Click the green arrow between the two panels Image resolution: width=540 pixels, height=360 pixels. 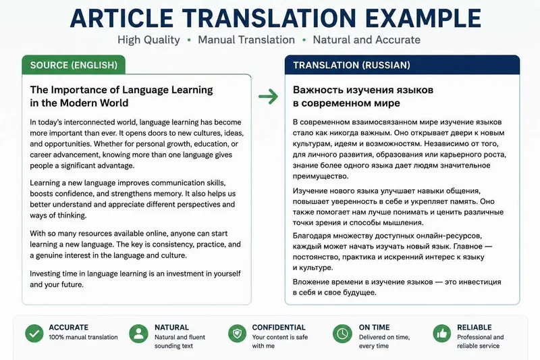268,97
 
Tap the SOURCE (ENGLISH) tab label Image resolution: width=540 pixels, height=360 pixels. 74,65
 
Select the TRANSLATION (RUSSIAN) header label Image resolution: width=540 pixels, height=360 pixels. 352,65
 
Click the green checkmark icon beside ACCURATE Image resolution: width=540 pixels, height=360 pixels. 34,333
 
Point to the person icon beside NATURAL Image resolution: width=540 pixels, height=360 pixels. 138,333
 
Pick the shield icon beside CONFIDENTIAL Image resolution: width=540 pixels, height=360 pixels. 238,333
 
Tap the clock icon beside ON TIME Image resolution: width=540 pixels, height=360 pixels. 342,333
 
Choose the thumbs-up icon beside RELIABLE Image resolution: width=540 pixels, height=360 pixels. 442,333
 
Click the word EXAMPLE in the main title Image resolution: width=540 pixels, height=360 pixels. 423,18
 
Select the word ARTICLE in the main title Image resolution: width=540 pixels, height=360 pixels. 122,18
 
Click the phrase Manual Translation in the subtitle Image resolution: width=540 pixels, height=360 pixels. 246,40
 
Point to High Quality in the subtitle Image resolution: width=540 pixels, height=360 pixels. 148,40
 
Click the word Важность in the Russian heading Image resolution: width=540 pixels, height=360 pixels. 318,90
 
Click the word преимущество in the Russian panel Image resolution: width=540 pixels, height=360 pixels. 321,176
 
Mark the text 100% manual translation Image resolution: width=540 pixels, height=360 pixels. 83,337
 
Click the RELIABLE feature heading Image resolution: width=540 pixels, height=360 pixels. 475,328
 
